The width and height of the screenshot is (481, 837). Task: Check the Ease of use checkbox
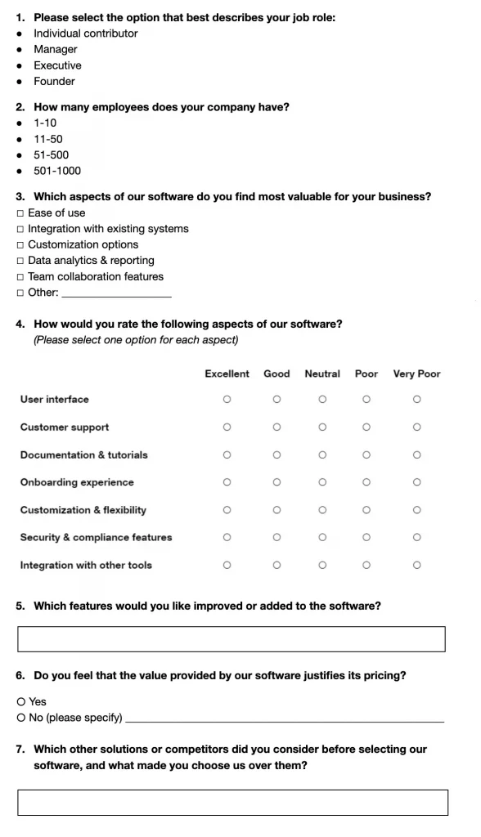[20, 213]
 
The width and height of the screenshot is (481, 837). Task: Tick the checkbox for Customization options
[20, 245]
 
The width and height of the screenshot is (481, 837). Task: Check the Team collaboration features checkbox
[20, 277]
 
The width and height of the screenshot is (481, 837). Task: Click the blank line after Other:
[116, 293]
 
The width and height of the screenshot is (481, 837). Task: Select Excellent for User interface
[227, 400]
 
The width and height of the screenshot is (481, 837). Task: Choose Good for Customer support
[276, 427]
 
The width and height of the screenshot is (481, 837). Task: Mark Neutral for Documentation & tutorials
[322, 455]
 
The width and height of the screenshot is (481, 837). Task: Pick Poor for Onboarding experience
[366, 482]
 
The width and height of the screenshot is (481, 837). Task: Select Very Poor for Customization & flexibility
[416, 510]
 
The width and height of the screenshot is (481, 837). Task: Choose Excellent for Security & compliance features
[227, 538]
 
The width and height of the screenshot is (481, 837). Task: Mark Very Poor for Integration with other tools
[416, 566]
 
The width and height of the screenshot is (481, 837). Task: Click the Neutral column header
[322, 374]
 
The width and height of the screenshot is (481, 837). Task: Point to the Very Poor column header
[416, 374]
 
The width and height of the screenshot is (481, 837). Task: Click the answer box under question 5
[232, 639]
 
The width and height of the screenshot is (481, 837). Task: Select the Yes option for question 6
[20, 702]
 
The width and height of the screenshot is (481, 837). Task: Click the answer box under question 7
[232, 803]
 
